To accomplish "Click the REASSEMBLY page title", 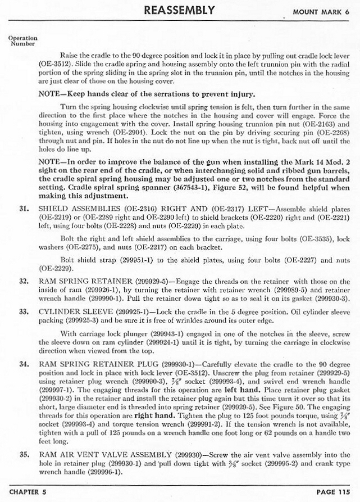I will (179, 10).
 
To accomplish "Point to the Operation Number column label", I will (23, 41).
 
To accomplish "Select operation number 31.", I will (24, 208).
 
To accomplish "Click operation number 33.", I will (24, 310).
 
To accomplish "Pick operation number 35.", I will (24, 454).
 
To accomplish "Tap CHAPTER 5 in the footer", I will (29, 492).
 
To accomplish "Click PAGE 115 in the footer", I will (333, 492).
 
